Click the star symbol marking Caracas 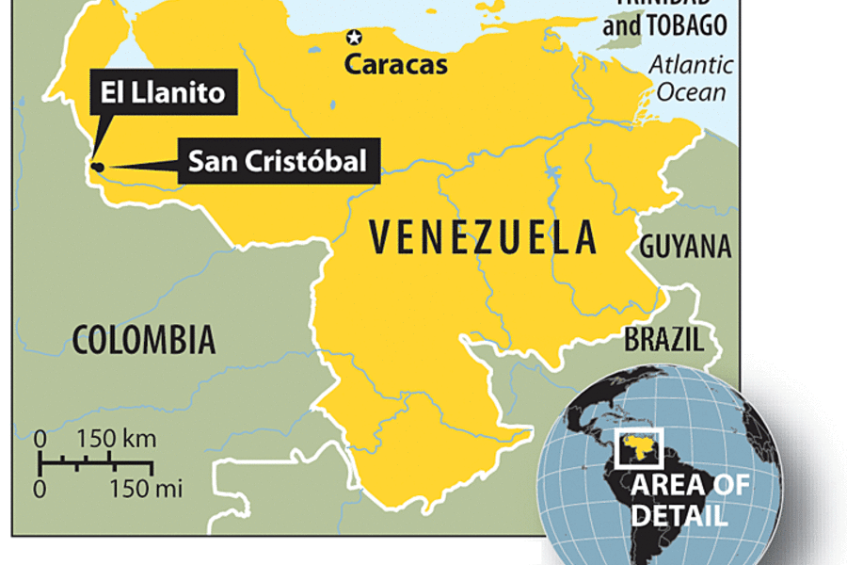(x=354, y=38)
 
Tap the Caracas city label (x=395, y=65)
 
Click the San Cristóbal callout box (x=277, y=161)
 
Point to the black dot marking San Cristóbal (x=97, y=168)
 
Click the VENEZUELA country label (x=483, y=237)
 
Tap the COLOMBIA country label (x=144, y=339)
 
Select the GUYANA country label (x=685, y=247)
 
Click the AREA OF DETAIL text (x=691, y=500)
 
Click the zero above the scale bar (x=40, y=440)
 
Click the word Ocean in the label (x=692, y=91)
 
